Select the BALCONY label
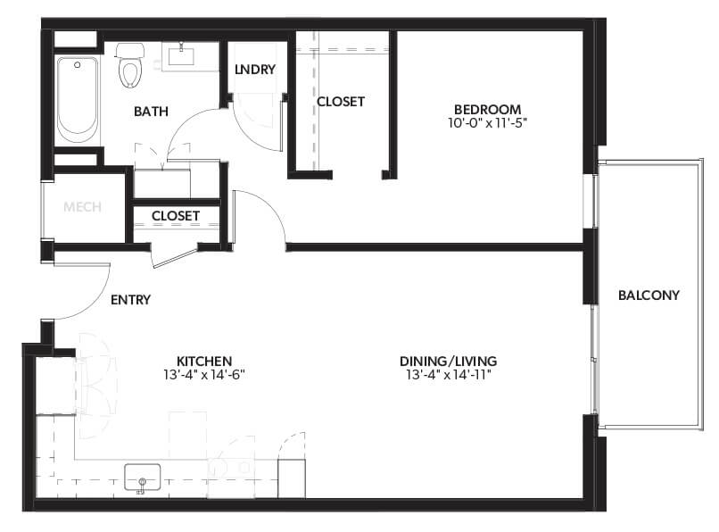649,295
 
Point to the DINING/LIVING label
448,361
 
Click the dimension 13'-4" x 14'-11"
448,375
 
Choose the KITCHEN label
203,361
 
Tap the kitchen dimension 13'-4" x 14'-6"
203,375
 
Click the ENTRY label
130,300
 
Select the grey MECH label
82,207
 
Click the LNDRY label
254,70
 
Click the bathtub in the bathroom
78,98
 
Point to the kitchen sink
142,477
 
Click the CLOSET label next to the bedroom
341,102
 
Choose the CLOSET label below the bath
175,216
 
